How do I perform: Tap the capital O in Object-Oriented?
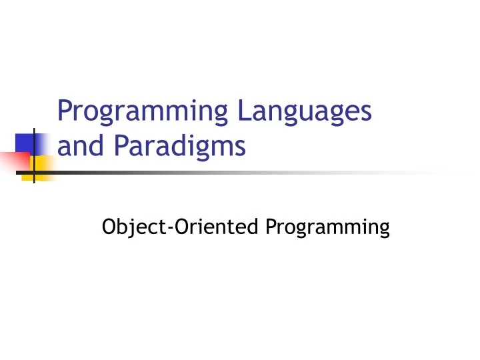coord(109,227)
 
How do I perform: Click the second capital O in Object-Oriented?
coord(176,227)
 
